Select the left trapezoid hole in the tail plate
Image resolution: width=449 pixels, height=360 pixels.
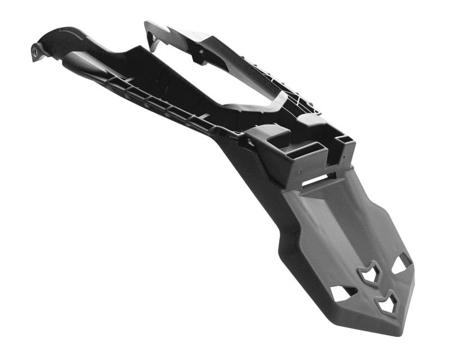[341, 293]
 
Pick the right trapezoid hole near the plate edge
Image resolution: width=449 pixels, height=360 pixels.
[402, 262]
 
